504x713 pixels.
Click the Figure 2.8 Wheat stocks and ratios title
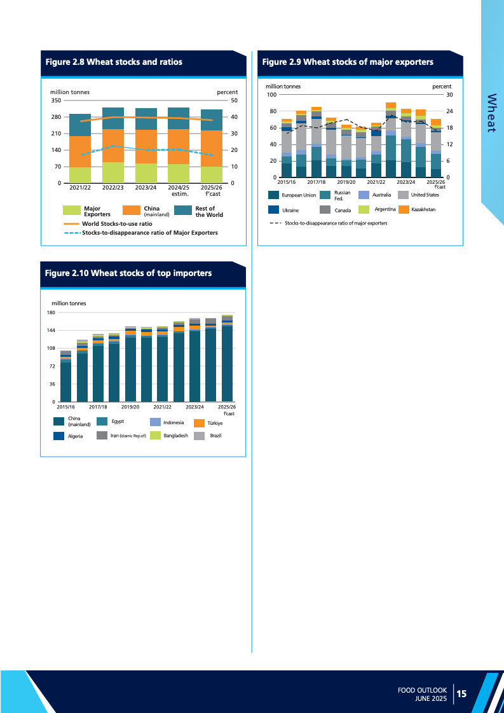click(114, 62)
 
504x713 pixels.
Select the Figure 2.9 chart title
click(348, 62)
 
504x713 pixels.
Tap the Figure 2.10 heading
click(128, 273)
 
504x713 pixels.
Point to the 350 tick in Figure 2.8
click(55, 100)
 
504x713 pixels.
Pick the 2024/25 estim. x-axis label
click(179, 191)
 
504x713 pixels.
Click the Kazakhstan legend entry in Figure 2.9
click(423, 209)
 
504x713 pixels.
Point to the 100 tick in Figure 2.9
click(271, 95)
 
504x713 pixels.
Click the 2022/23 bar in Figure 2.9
click(391, 140)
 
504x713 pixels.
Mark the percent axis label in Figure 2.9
click(442, 86)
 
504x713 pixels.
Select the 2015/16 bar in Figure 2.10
click(66, 377)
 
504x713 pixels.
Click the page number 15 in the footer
click(462, 693)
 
